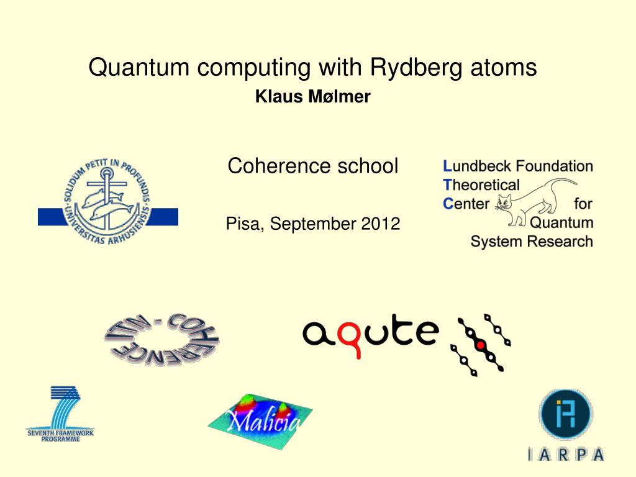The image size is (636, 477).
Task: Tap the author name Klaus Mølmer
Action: [313, 97]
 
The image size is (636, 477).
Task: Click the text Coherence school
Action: [313, 166]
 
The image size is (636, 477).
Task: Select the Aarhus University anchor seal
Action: [107, 201]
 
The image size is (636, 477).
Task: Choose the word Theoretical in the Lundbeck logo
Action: [481, 184]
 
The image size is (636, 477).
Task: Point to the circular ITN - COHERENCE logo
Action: [161, 338]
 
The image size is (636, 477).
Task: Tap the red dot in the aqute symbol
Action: [480, 344]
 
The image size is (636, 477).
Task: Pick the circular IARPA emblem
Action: [565, 415]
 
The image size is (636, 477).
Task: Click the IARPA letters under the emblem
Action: [565, 455]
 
